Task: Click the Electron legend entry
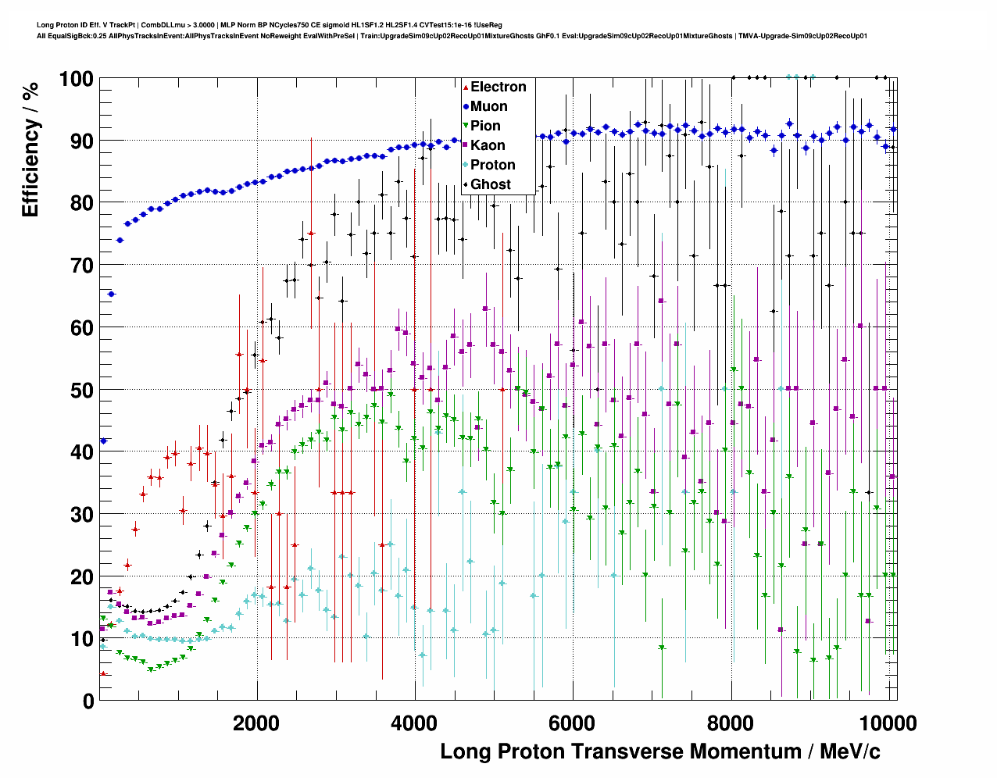498,87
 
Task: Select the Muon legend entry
488,106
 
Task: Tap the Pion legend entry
485,126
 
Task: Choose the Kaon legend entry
488,145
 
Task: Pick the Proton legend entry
492,165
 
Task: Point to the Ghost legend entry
490,184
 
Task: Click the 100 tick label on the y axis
76,79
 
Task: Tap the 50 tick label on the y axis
81,390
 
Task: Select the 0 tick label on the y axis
88,701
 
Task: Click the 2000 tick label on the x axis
256,723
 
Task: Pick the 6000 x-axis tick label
572,723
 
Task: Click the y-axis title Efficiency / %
30,148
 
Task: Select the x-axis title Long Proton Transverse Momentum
660,751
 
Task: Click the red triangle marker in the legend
466,87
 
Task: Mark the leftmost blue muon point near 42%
103,441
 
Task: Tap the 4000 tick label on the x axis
414,723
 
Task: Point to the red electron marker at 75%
311,234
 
